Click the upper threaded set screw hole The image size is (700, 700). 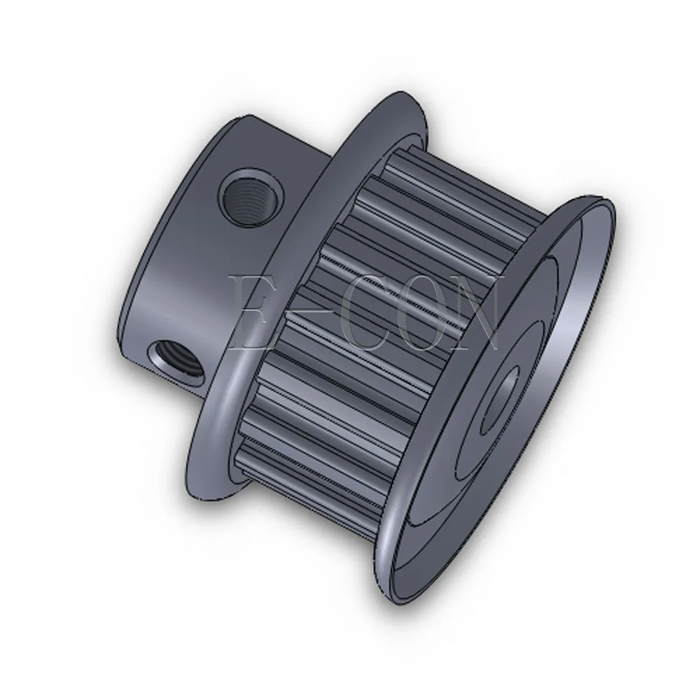[x=251, y=197]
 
